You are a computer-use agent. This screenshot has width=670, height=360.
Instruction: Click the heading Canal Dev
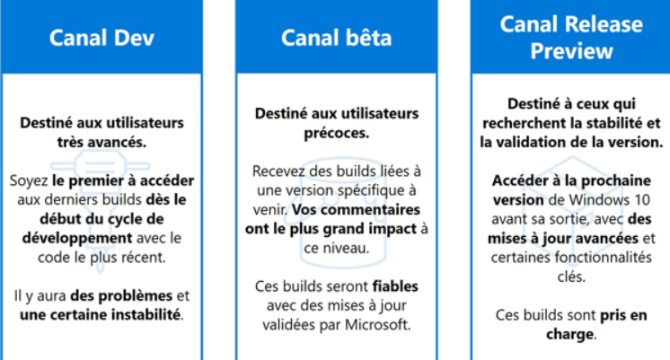101,38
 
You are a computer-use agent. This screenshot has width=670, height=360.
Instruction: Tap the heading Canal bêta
336,38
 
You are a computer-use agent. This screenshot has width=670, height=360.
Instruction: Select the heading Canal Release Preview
571,38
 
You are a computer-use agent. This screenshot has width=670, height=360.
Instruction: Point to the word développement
77,238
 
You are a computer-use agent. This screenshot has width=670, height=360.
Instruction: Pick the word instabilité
145,315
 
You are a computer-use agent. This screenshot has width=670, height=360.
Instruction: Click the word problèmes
121,296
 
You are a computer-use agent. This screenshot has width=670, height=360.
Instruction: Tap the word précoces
336,133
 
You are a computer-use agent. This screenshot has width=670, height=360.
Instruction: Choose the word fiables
395,286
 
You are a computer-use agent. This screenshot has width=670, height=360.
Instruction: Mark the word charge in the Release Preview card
569,334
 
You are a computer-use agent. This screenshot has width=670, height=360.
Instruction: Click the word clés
571,277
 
